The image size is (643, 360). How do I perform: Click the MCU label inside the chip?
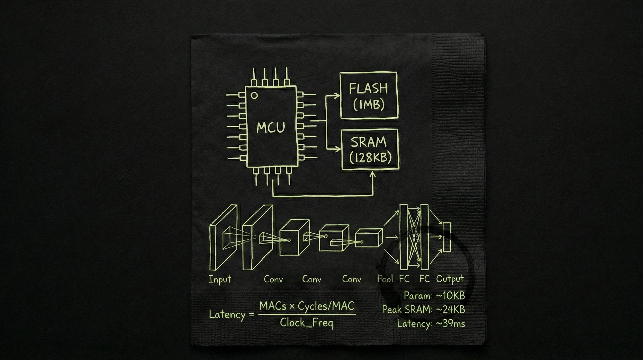coord(271,127)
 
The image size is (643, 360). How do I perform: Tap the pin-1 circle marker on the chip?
coord(254,95)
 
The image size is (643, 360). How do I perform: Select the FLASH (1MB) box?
coord(369,96)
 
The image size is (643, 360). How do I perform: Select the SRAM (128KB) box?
coord(370,150)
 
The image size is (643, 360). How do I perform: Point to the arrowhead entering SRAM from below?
coord(372,175)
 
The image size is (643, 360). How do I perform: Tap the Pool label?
coord(385,279)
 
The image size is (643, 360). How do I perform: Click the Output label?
coord(450,279)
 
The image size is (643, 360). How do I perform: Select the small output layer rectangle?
coord(447,237)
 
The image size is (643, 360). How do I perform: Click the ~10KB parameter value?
coord(450,296)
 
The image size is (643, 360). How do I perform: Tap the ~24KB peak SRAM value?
coord(450,310)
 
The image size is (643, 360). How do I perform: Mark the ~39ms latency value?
coord(450,324)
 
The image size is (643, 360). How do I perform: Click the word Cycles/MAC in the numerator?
coord(326,306)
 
